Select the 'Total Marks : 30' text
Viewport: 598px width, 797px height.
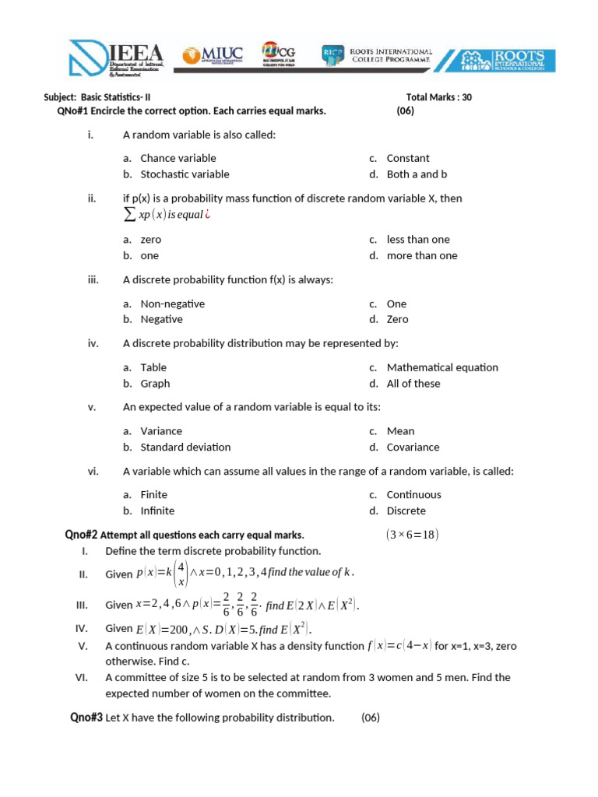[438, 97]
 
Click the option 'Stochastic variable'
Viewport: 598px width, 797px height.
[185, 174]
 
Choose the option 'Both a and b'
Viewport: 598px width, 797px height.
[417, 174]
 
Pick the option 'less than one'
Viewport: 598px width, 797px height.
[418, 240]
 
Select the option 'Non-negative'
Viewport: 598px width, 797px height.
[172, 304]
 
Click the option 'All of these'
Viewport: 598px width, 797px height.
[413, 383]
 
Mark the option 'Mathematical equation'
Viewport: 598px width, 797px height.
[442, 367]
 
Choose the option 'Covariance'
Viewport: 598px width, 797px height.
[413, 447]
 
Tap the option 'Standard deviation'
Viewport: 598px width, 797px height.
[185, 447]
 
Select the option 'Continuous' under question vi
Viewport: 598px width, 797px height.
[413, 494]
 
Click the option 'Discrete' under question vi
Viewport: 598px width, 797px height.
[406, 511]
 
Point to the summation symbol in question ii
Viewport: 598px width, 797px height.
[130, 215]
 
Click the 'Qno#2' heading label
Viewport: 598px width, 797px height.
[80, 535]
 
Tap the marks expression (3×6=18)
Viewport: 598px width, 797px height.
[412, 535]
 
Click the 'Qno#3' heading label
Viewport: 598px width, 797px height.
[86, 718]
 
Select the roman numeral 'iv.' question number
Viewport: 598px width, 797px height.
[92, 343]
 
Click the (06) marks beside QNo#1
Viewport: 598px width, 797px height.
[405, 111]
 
